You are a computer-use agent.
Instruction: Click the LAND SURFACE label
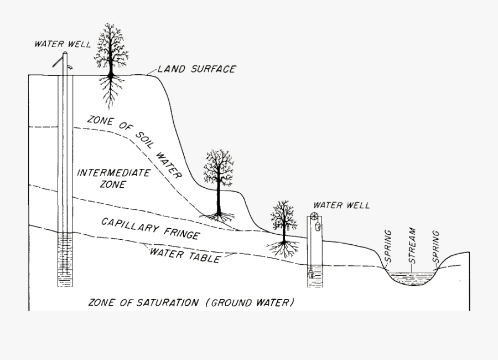(x=196, y=69)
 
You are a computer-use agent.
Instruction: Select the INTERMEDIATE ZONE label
(x=113, y=178)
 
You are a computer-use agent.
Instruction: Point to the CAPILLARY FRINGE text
(x=150, y=228)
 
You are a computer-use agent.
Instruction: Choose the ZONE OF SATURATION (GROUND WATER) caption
(x=191, y=302)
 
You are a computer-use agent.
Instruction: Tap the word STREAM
(x=412, y=246)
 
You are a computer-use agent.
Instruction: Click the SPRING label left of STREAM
(x=388, y=246)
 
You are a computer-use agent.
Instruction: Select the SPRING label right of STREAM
(x=436, y=246)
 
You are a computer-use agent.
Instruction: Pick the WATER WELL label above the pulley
(x=341, y=205)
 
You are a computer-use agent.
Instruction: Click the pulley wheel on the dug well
(x=315, y=217)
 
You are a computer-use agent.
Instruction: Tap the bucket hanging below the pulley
(x=318, y=226)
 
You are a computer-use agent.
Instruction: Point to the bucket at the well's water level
(x=311, y=273)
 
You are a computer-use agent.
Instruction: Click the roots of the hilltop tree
(x=111, y=89)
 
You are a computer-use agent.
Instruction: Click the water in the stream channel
(x=413, y=277)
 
